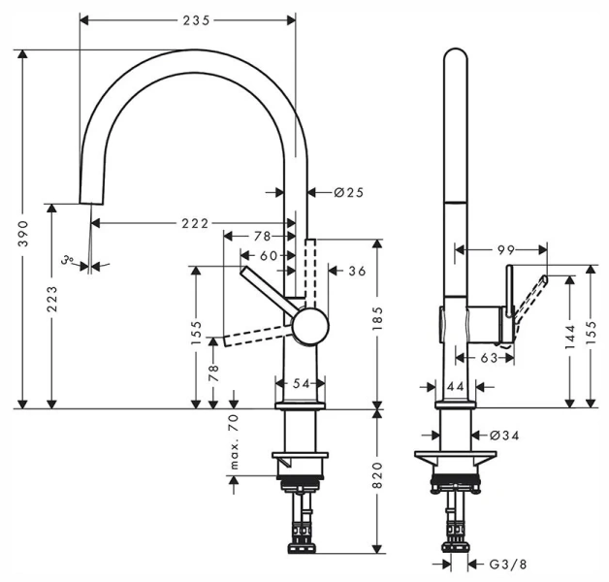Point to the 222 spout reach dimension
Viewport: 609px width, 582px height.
tap(194, 224)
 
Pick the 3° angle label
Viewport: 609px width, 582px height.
tap(67, 261)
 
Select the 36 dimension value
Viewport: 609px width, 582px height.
tap(356, 272)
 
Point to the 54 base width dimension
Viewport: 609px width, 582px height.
tap(302, 384)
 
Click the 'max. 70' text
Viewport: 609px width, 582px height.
tap(234, 441)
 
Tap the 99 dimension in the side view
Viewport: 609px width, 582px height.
tap(505, 249)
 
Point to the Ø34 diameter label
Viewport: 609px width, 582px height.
tap(505, 436)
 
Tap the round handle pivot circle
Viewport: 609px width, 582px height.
tap(309, 325)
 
